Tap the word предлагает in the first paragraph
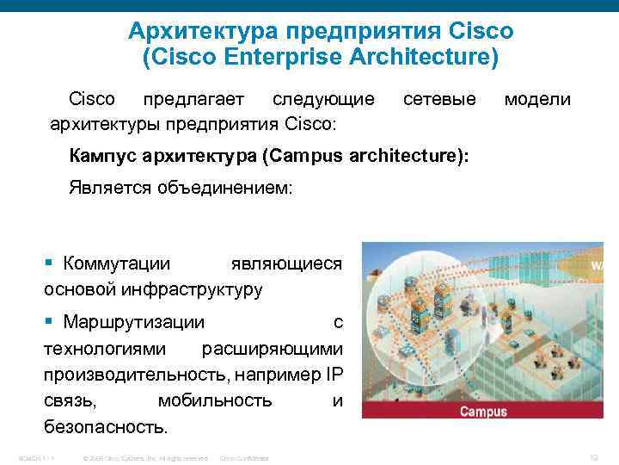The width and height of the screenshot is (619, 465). point(193,100)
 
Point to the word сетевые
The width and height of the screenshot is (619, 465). point(439,100)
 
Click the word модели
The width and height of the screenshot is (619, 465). point(537,100)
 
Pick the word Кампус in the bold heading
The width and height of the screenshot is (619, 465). point(108,156)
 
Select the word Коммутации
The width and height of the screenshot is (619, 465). point(116,263)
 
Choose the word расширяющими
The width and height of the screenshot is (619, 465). point(272,349)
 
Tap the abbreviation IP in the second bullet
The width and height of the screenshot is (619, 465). point(334,375)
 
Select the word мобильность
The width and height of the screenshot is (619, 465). point(215,400)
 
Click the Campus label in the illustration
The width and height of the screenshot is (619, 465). point(483,411)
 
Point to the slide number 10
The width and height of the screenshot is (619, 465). point(594,457)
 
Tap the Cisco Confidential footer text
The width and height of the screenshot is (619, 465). point(245,457)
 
